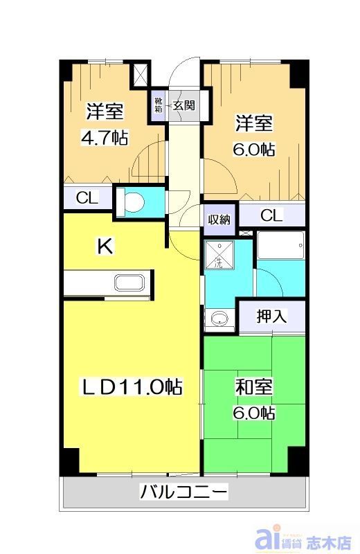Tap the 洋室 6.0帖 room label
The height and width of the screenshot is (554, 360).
coord(254,135)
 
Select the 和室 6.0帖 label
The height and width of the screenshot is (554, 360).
coord(254,399)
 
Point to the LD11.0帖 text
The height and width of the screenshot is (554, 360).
coord(132,386)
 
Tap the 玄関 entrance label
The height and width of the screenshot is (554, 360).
coord(183,106)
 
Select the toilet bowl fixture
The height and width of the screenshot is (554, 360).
coord(132,202)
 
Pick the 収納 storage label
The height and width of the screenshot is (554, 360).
coord(219,220)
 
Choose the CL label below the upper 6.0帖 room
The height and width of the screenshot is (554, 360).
coord(271,215)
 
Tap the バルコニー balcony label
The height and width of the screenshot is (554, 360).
coord(183,492)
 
